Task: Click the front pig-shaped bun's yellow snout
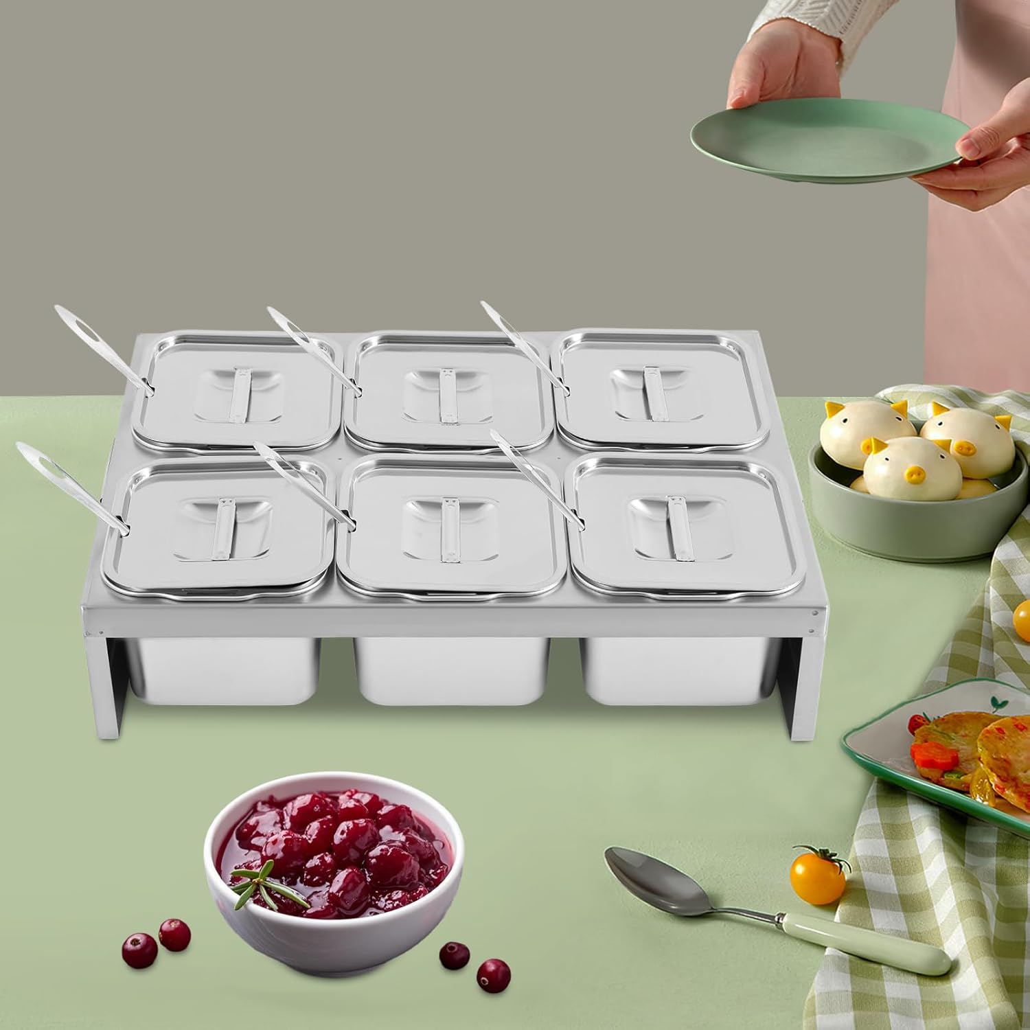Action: tap(914, 473)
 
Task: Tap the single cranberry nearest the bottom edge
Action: tap(492, 972)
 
